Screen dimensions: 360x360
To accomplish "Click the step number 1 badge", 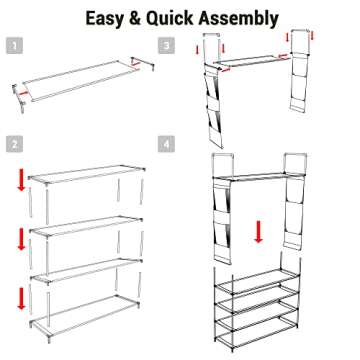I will point(13,46).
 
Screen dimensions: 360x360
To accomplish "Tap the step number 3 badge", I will point(168,46).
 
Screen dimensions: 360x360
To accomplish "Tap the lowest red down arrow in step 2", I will point(22,299).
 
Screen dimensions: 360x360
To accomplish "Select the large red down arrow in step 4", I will point(258,232).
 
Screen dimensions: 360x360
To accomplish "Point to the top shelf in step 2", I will point(85,181).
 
